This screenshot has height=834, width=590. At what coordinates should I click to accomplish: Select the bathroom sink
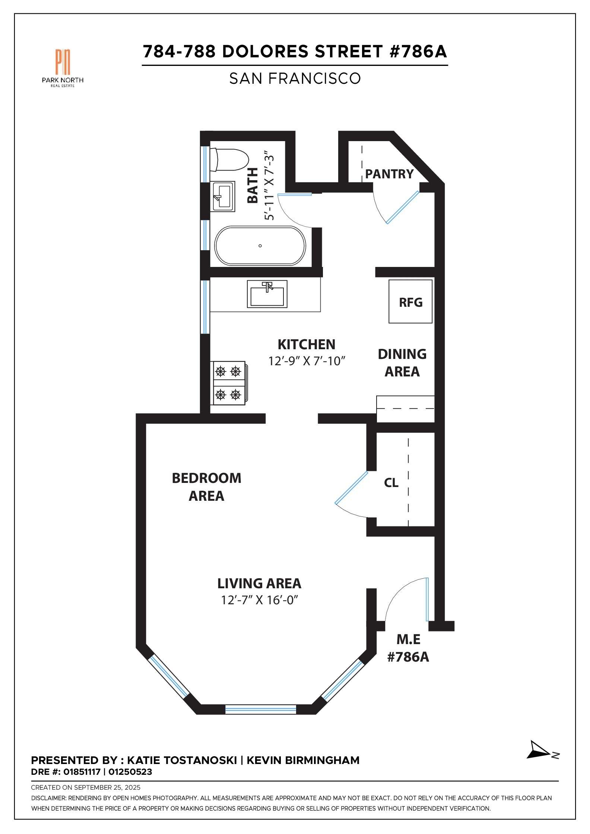pyautogui.click(x=222, y=196)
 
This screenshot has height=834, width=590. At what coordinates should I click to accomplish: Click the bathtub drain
pyautogui.click(x=260, y=246)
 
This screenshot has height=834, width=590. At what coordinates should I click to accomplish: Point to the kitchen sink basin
pyautogui.click(x=267, y=295)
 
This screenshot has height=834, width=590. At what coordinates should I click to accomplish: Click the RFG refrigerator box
pyautogui.click(x=410, y=302)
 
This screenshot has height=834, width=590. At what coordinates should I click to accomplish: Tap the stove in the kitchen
pyautogui.click(x=229, y=383)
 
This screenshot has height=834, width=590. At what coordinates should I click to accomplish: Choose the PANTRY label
pyautogui.click(x=389, y=174)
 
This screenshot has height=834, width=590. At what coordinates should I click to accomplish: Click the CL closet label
pyautogui.click(x=391, y=483)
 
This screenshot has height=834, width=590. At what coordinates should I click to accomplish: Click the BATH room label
pyautogui.click(x=253, y=185)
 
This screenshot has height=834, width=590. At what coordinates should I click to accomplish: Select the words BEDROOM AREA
pyautogui.click(x=206, y=487)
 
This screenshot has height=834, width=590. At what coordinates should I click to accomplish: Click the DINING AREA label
pyautogui.click(x=402, y=363)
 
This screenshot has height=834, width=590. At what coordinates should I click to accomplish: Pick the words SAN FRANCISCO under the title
pyautogui.click(x=295, y=79)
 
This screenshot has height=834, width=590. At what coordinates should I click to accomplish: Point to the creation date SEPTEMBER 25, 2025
pyautogui.click(x=107, y=787)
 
